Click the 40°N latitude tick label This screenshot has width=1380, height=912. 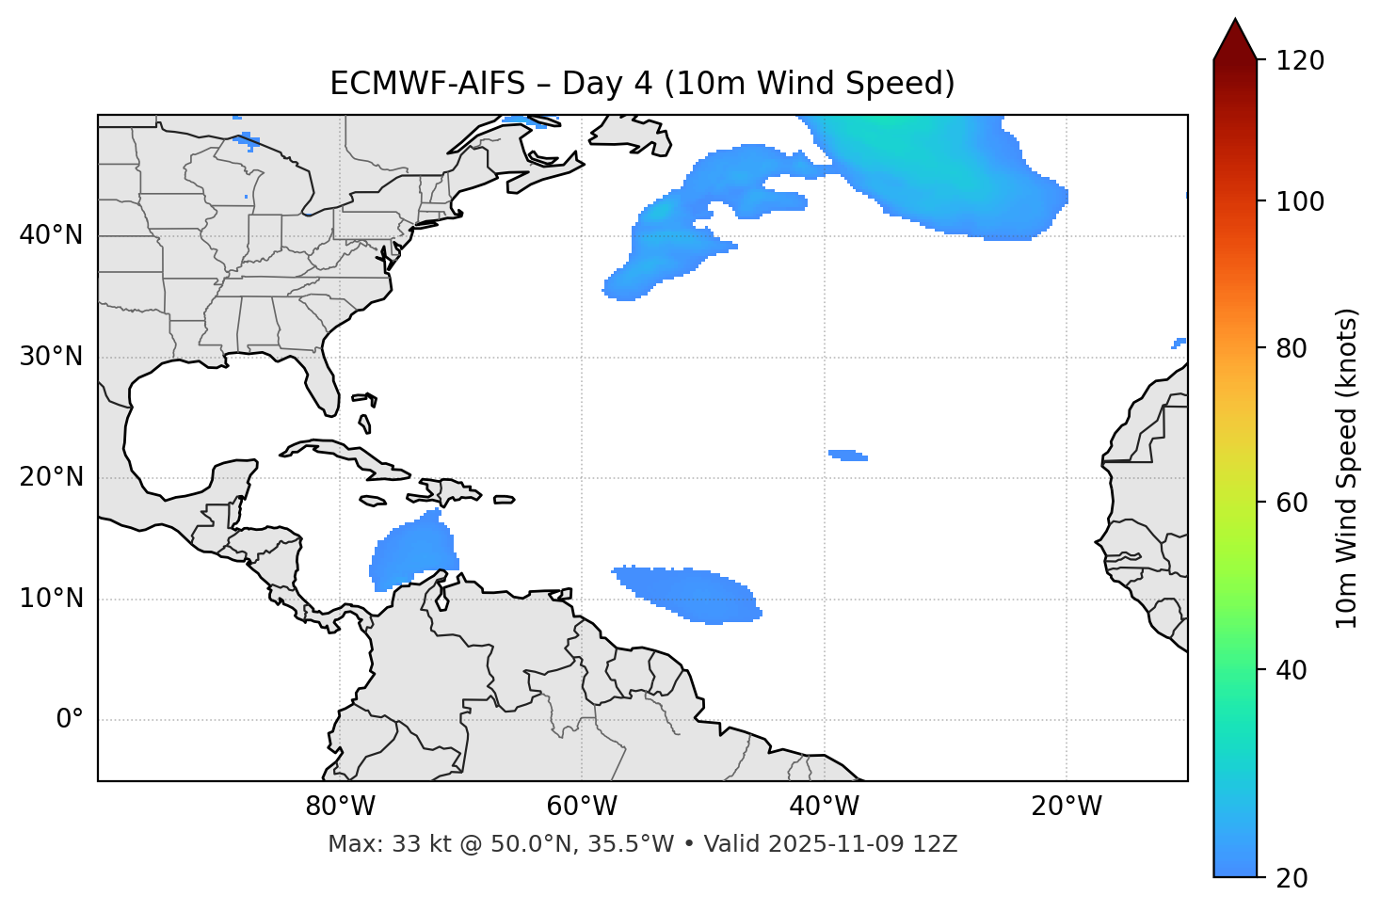pyautogui.click(x=51, y=235)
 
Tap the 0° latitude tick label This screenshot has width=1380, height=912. pyautogui.click(x=70, y=720)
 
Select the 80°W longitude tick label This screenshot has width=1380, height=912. pyautogui.click(x=340, y=807)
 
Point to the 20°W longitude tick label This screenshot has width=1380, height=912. pyautogui.click(x=1067, y=807)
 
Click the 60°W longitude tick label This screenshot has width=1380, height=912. pyautogui.click(x=581, y=807)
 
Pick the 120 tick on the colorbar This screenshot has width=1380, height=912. pyautogui.click(x=1300, y=61)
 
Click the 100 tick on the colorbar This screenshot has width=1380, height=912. pyautogui.click(x=1300, y=201)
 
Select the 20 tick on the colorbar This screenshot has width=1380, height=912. pyautogui.click(x=1292, y=878)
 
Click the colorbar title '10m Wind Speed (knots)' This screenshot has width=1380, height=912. pyautogui.click(x=1347, y=469)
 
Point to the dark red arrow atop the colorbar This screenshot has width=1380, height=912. pyautogui.click(x=1235, y=40)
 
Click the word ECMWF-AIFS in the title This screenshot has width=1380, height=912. pyautogui.click(x=426, y=84)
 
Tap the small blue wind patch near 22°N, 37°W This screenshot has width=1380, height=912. pyautogui.click(x=848, y=456)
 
